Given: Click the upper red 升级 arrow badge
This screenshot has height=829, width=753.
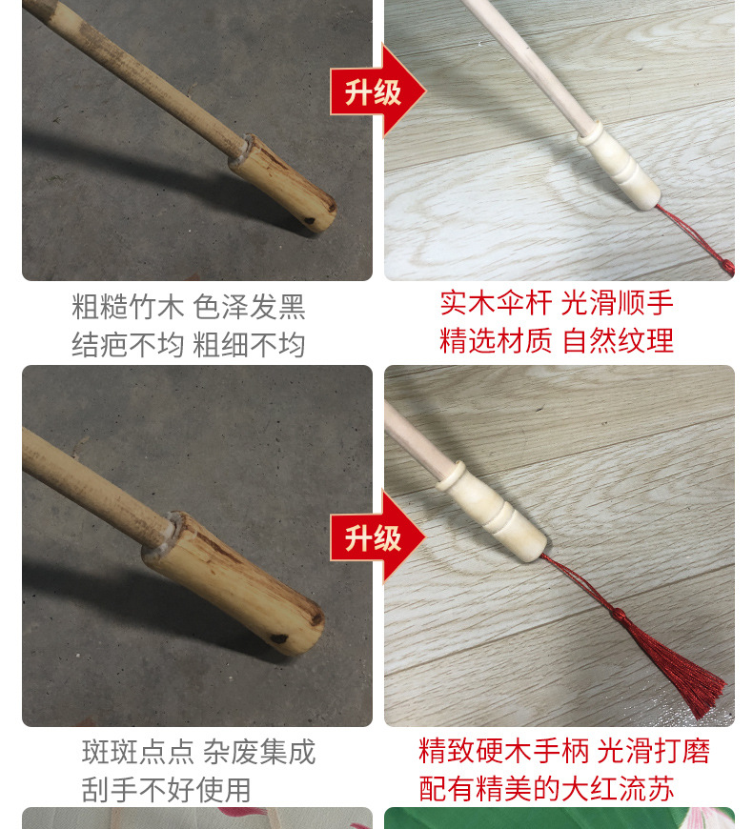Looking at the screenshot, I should coord(375,91).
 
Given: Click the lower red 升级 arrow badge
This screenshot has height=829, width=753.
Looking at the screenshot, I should coord(375,537).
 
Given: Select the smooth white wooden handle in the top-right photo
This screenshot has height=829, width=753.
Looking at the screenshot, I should coord(619,164).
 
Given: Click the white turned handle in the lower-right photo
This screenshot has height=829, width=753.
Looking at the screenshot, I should coord(491,510).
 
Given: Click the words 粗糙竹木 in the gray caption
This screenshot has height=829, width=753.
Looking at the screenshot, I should coord(128,307).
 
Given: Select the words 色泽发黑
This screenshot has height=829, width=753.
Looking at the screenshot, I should coord(250,307).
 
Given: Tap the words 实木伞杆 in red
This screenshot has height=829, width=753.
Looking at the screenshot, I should coord(496,303).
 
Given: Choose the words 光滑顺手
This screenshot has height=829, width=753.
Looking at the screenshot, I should coord(617,303).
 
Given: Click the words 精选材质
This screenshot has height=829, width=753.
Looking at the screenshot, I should coord(496,340).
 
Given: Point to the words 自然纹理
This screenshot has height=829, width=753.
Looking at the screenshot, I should coord(618,340).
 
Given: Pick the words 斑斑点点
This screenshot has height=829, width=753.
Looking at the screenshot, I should coord(138,752).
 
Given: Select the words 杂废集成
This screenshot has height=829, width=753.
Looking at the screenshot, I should coord(259,752).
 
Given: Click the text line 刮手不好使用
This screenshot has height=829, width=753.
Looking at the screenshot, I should coord(167,789).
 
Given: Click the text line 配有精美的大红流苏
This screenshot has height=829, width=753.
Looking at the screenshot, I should coord(547,788).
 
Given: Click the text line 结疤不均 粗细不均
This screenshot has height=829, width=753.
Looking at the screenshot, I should coord(189,344).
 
